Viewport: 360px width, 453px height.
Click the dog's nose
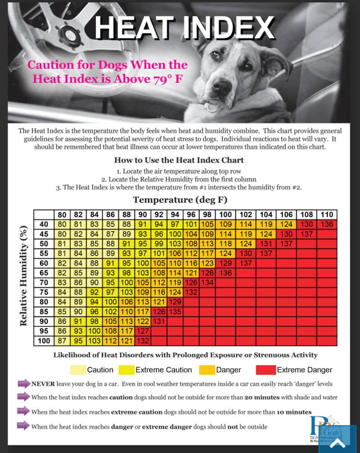(222, 84)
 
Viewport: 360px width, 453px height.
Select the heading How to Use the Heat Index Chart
(179, 160)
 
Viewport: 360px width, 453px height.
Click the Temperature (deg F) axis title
(179, 199)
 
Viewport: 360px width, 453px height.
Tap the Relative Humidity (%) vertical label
(23, 277)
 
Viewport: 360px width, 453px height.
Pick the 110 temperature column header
(328, 215)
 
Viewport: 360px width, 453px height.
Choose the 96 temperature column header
(191, 215)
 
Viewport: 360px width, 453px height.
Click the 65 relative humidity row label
(44, 273)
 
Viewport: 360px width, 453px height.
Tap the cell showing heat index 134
(207, 282)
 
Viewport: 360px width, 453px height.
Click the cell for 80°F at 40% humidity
(62, 224)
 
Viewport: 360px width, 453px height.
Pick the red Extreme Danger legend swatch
(265, 370)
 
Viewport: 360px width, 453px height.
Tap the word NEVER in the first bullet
(43, 384)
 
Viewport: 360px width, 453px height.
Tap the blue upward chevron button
(337, 444)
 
